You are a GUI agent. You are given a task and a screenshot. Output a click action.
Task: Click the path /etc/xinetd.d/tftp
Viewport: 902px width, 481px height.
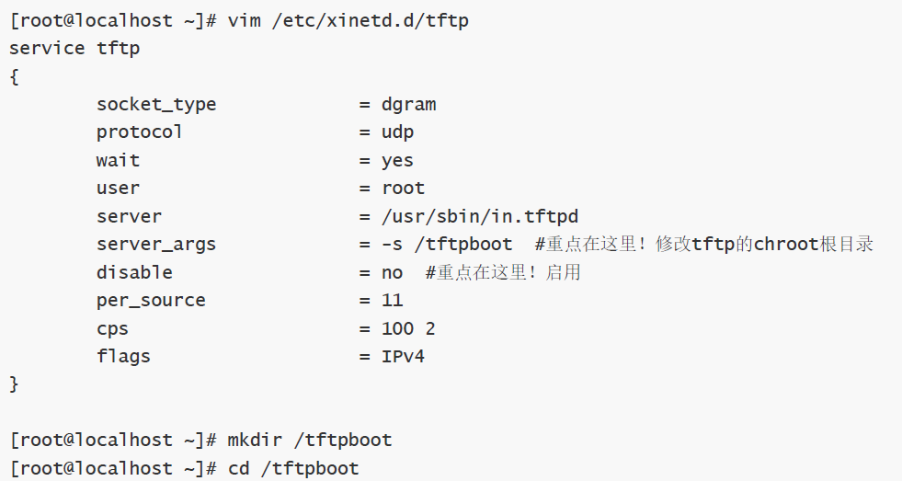370,19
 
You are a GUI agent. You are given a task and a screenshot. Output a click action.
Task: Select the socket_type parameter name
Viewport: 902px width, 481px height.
156,104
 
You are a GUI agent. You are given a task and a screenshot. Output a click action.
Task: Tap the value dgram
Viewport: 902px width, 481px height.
408,104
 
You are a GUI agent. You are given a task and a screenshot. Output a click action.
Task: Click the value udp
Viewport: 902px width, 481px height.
397,132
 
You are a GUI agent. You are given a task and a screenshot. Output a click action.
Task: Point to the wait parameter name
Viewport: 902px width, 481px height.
118,160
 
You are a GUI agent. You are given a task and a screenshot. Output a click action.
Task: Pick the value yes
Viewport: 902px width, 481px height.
397,160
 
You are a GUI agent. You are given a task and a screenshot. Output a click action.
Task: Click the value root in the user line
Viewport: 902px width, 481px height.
403,188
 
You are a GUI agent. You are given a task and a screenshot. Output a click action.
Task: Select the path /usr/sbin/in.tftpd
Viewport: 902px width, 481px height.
479,216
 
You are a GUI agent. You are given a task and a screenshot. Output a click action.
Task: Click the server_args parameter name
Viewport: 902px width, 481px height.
156,244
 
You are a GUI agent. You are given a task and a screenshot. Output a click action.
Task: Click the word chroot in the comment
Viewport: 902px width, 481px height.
786,244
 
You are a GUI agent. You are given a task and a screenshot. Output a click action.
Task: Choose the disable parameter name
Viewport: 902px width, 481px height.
134,272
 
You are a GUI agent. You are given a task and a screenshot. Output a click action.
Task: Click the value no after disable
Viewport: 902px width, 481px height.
392,272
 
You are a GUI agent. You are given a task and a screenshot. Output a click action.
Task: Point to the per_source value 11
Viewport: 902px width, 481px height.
392,300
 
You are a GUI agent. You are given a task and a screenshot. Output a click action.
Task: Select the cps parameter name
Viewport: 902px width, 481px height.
112,328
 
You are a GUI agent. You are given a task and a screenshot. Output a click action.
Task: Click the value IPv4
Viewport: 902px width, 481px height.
403,356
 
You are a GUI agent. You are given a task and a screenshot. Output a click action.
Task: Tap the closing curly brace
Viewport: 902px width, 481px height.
14,384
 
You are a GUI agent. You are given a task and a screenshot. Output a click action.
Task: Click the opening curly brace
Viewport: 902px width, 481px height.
14,76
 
